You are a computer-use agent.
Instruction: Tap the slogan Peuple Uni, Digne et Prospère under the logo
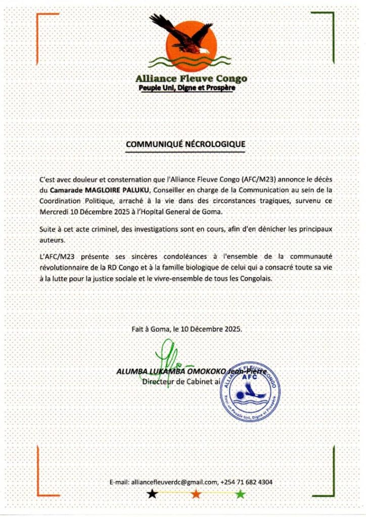(x=188, y=88)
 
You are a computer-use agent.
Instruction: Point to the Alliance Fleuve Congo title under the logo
(x=191, y=79)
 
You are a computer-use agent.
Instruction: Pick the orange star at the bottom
(x=196, y=494)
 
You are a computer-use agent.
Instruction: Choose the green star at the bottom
(x=240, y=494)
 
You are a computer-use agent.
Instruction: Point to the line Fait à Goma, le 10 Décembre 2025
(x=187, y=329)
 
